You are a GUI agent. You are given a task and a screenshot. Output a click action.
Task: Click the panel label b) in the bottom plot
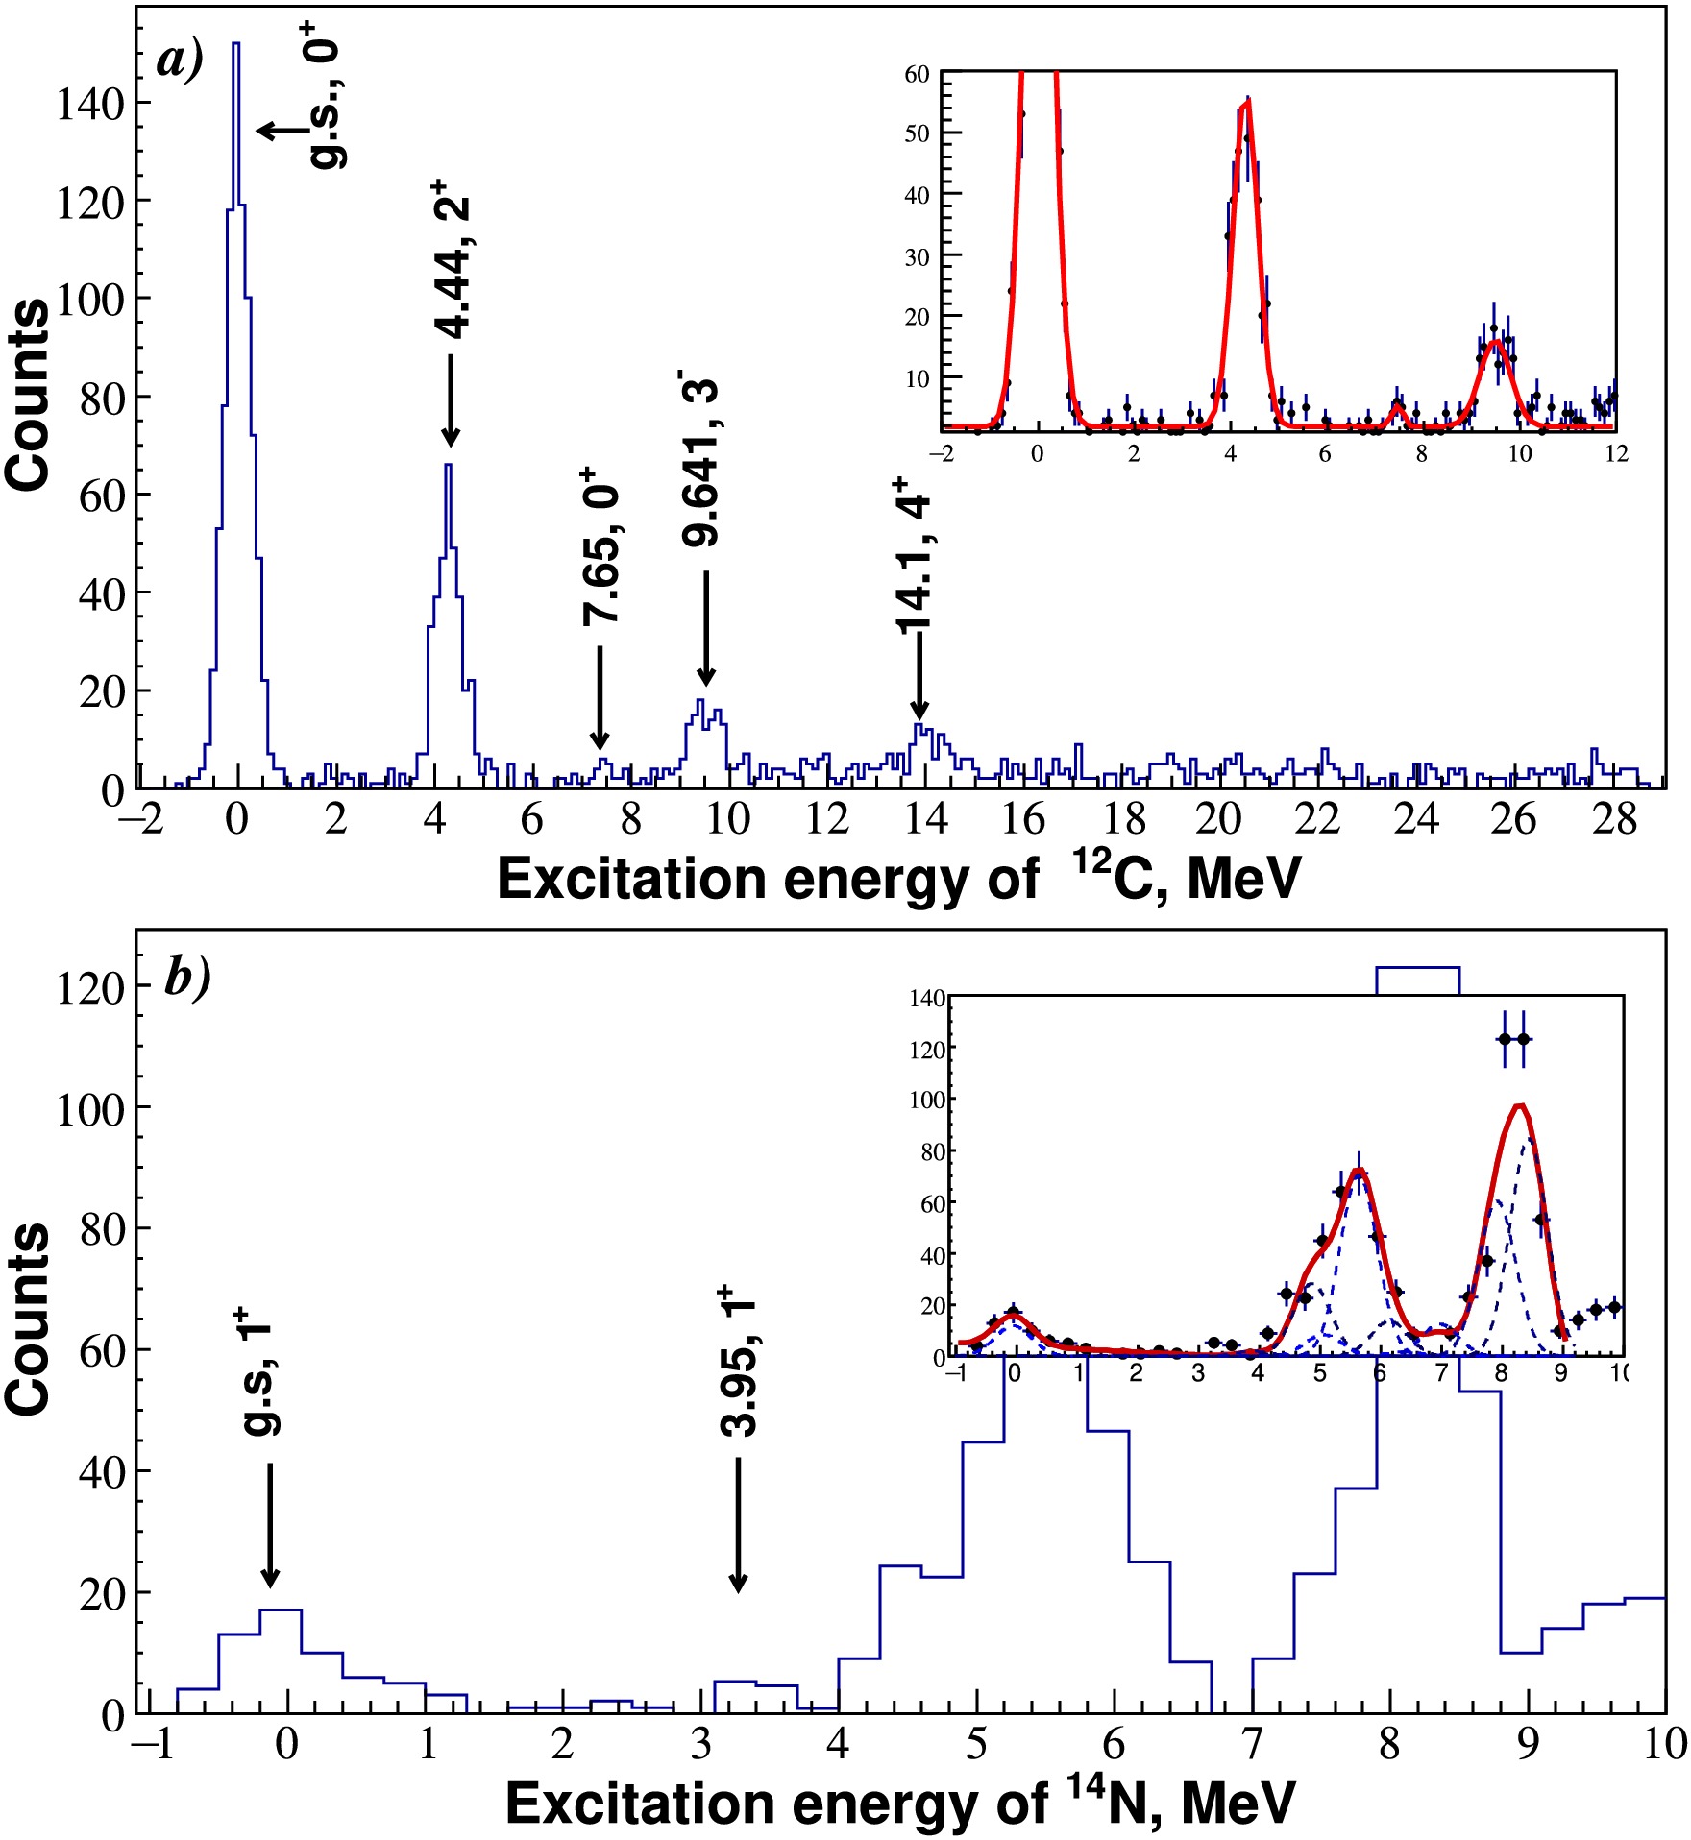(188, 979)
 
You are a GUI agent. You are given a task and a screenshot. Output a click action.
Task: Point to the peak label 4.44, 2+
(453, 259)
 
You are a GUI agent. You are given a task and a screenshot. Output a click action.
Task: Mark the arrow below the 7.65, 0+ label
(600, 697)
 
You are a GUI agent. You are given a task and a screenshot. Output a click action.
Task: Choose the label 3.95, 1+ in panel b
(739, 1361)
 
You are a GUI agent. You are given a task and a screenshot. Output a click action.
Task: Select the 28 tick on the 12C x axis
(1614, 818)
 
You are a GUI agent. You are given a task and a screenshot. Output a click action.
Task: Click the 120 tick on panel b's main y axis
(90, 987)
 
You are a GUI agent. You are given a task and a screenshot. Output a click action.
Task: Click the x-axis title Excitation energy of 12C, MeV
(898, 878)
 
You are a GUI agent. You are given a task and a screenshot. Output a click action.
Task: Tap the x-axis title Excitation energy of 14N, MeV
(900, 1803)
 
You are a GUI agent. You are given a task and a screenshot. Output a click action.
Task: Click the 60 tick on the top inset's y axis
(918, 74)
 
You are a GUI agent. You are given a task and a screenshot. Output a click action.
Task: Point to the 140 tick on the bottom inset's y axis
(927, 999)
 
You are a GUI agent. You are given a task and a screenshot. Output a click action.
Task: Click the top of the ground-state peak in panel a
(235, 44)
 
